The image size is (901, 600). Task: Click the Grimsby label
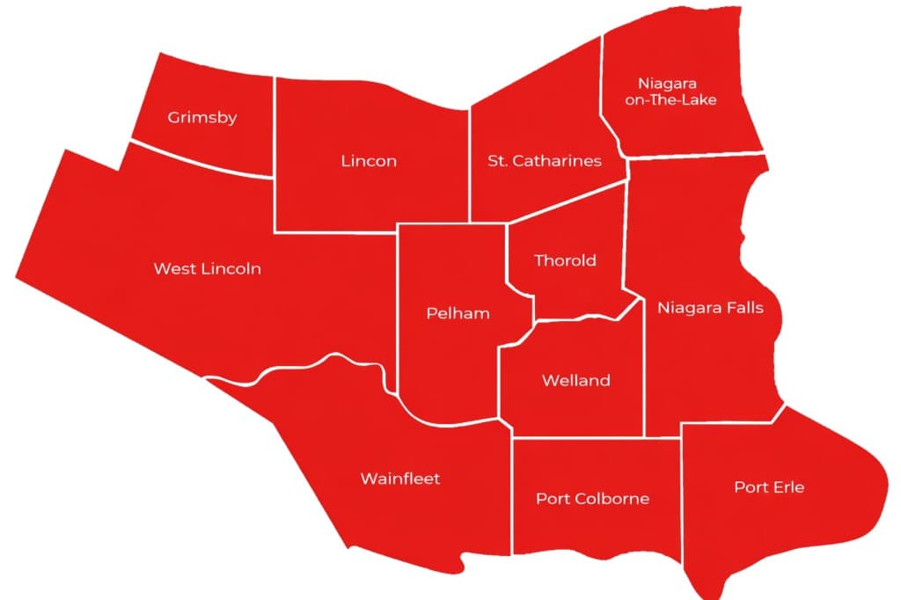point(202,117)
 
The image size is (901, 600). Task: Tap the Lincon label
point(369,161)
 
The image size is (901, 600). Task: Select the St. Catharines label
point(545,161)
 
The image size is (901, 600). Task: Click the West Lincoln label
point(208,268)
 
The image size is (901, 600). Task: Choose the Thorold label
point(566,260)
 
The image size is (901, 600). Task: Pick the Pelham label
point(458,313)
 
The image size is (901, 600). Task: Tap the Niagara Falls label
point(711,308)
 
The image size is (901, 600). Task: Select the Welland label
point(576,381)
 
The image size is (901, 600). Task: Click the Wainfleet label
point(400,479)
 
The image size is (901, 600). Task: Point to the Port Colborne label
point(593,499)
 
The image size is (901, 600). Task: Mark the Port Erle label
point(770,487)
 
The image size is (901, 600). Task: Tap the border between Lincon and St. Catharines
point(470,163)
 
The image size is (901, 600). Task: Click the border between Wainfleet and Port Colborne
point(512,493)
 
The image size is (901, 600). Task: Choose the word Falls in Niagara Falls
point(744,308)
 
